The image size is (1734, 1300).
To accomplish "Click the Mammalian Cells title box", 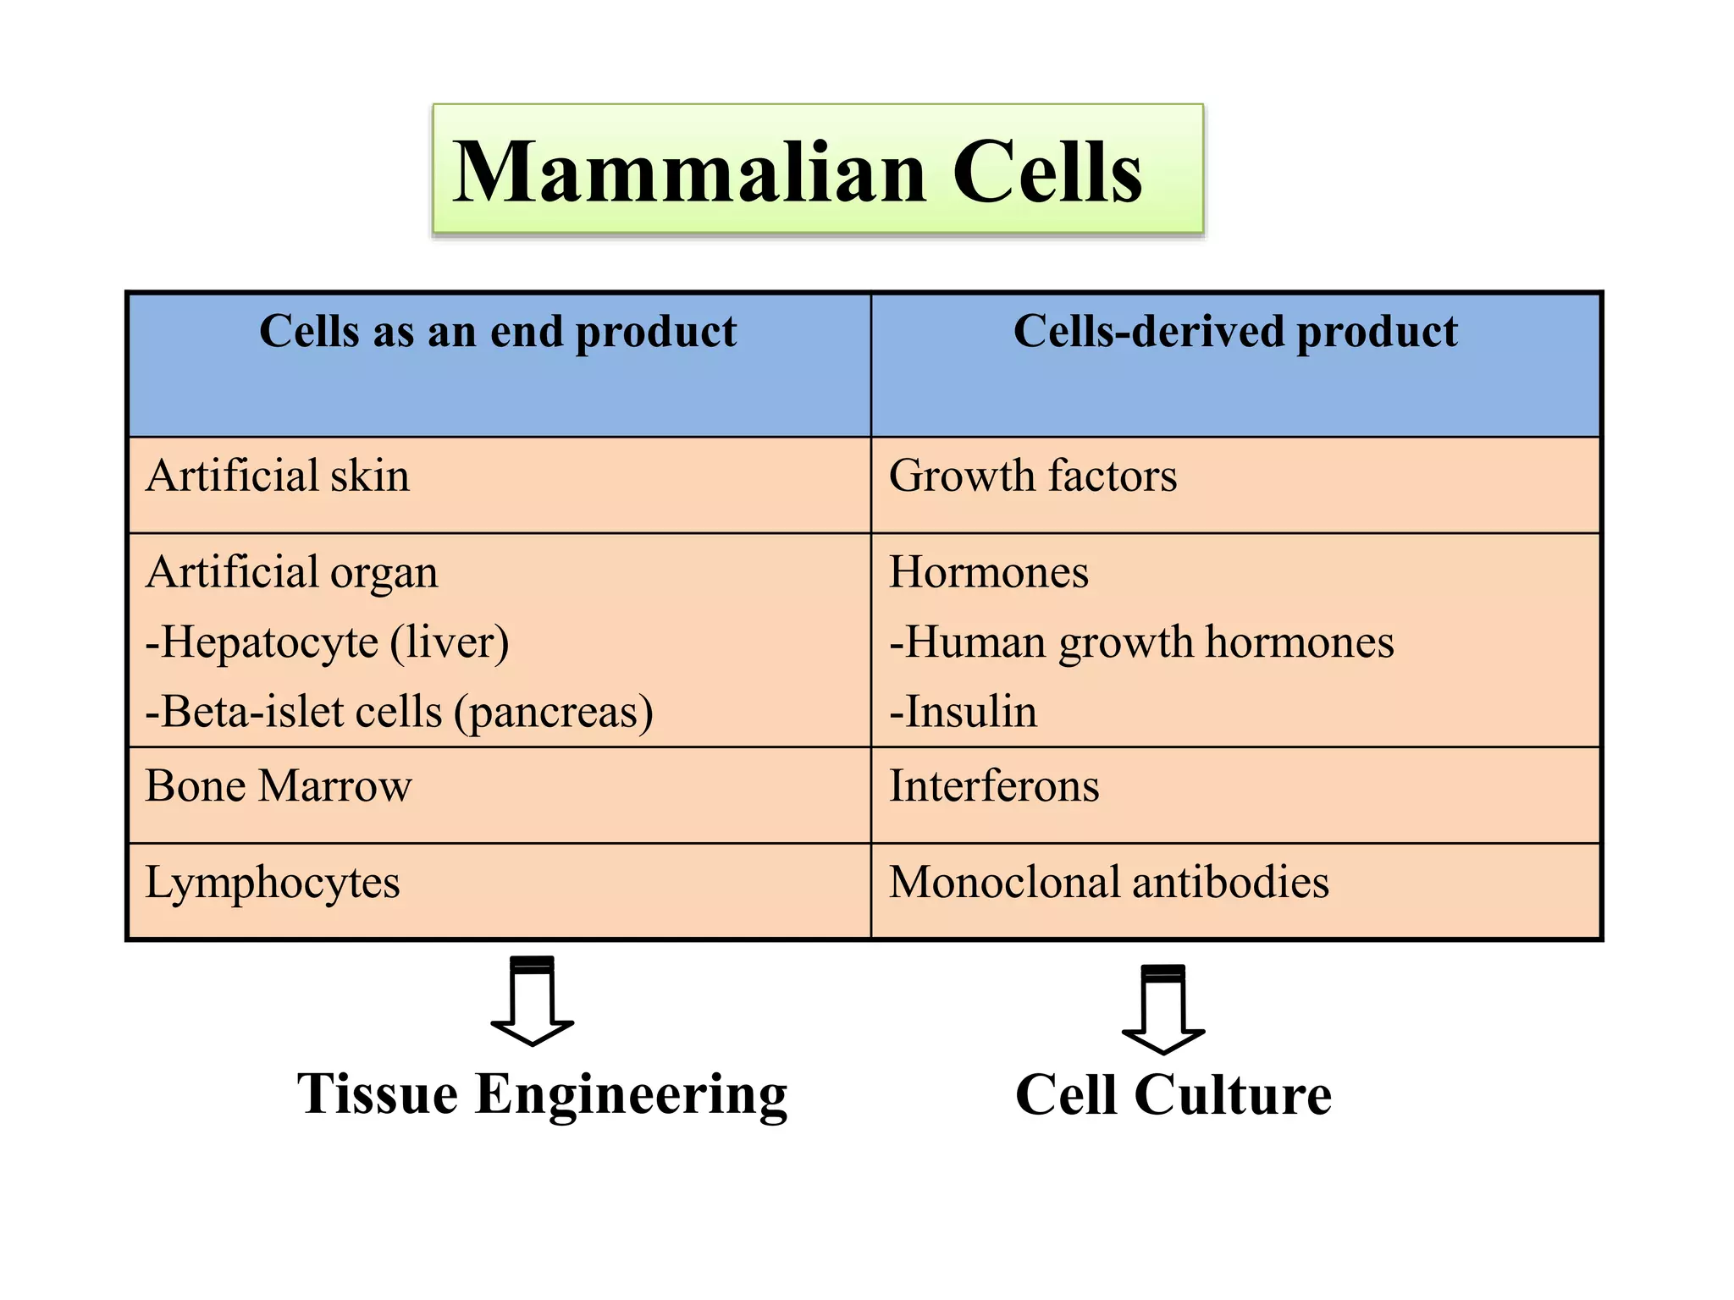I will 817,169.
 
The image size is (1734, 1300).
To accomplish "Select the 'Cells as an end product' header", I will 498,332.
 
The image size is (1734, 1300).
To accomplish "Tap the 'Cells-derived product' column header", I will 1234,332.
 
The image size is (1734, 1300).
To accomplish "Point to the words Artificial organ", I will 292,573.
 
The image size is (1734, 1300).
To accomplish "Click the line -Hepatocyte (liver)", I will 327,642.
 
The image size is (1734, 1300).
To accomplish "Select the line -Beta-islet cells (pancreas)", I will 399,712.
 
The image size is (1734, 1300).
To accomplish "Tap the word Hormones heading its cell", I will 988,573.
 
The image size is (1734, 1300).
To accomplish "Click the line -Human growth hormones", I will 1140,642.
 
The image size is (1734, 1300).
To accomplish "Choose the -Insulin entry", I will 963,712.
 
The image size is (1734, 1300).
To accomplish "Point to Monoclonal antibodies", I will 1108,883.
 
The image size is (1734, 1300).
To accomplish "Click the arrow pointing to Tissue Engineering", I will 533,1001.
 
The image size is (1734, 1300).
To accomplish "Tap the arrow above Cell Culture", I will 1162,1010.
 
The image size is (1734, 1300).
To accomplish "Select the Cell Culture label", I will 1173,1095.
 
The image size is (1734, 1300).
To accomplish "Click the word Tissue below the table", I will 378,1095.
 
